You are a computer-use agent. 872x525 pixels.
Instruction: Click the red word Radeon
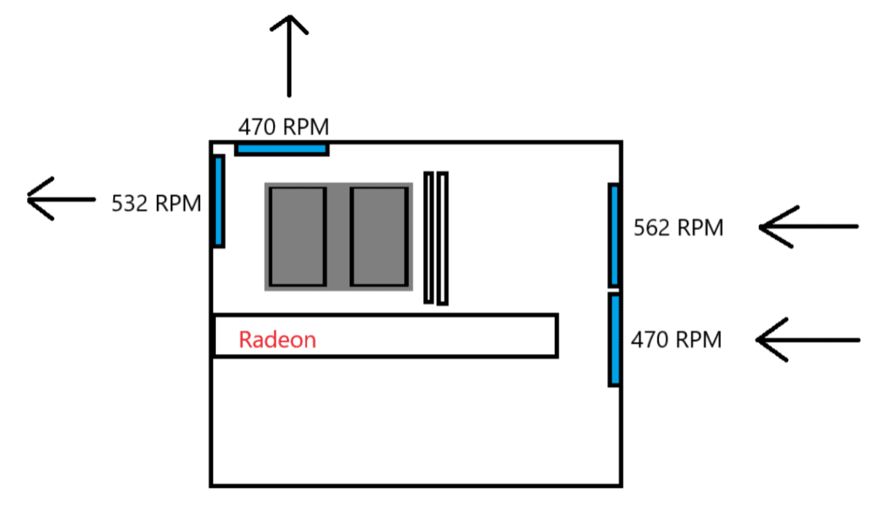(277, 340)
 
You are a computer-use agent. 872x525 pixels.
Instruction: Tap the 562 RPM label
(678, 229)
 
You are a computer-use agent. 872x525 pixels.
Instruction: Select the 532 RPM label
(156, 203)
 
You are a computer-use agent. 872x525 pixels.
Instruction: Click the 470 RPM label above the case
(283, 128)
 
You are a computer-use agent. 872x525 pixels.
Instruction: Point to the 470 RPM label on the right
(676, 340)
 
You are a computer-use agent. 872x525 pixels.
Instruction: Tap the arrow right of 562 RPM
(808, 227)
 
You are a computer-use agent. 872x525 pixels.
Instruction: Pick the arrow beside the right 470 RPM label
(808, 340)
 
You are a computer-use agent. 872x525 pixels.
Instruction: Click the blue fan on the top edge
(282, 149)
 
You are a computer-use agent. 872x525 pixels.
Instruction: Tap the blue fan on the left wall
(218, 201)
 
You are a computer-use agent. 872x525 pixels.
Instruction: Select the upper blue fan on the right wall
(614, 234)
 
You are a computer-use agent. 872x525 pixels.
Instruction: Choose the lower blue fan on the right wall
(615, 340)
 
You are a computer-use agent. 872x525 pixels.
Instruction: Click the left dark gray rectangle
(297, 236)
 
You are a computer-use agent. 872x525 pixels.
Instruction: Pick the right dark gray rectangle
(379, 236)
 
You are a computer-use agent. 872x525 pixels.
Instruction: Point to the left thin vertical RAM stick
(429, 237)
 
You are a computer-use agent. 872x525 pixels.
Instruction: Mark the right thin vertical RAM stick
(442, 238)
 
